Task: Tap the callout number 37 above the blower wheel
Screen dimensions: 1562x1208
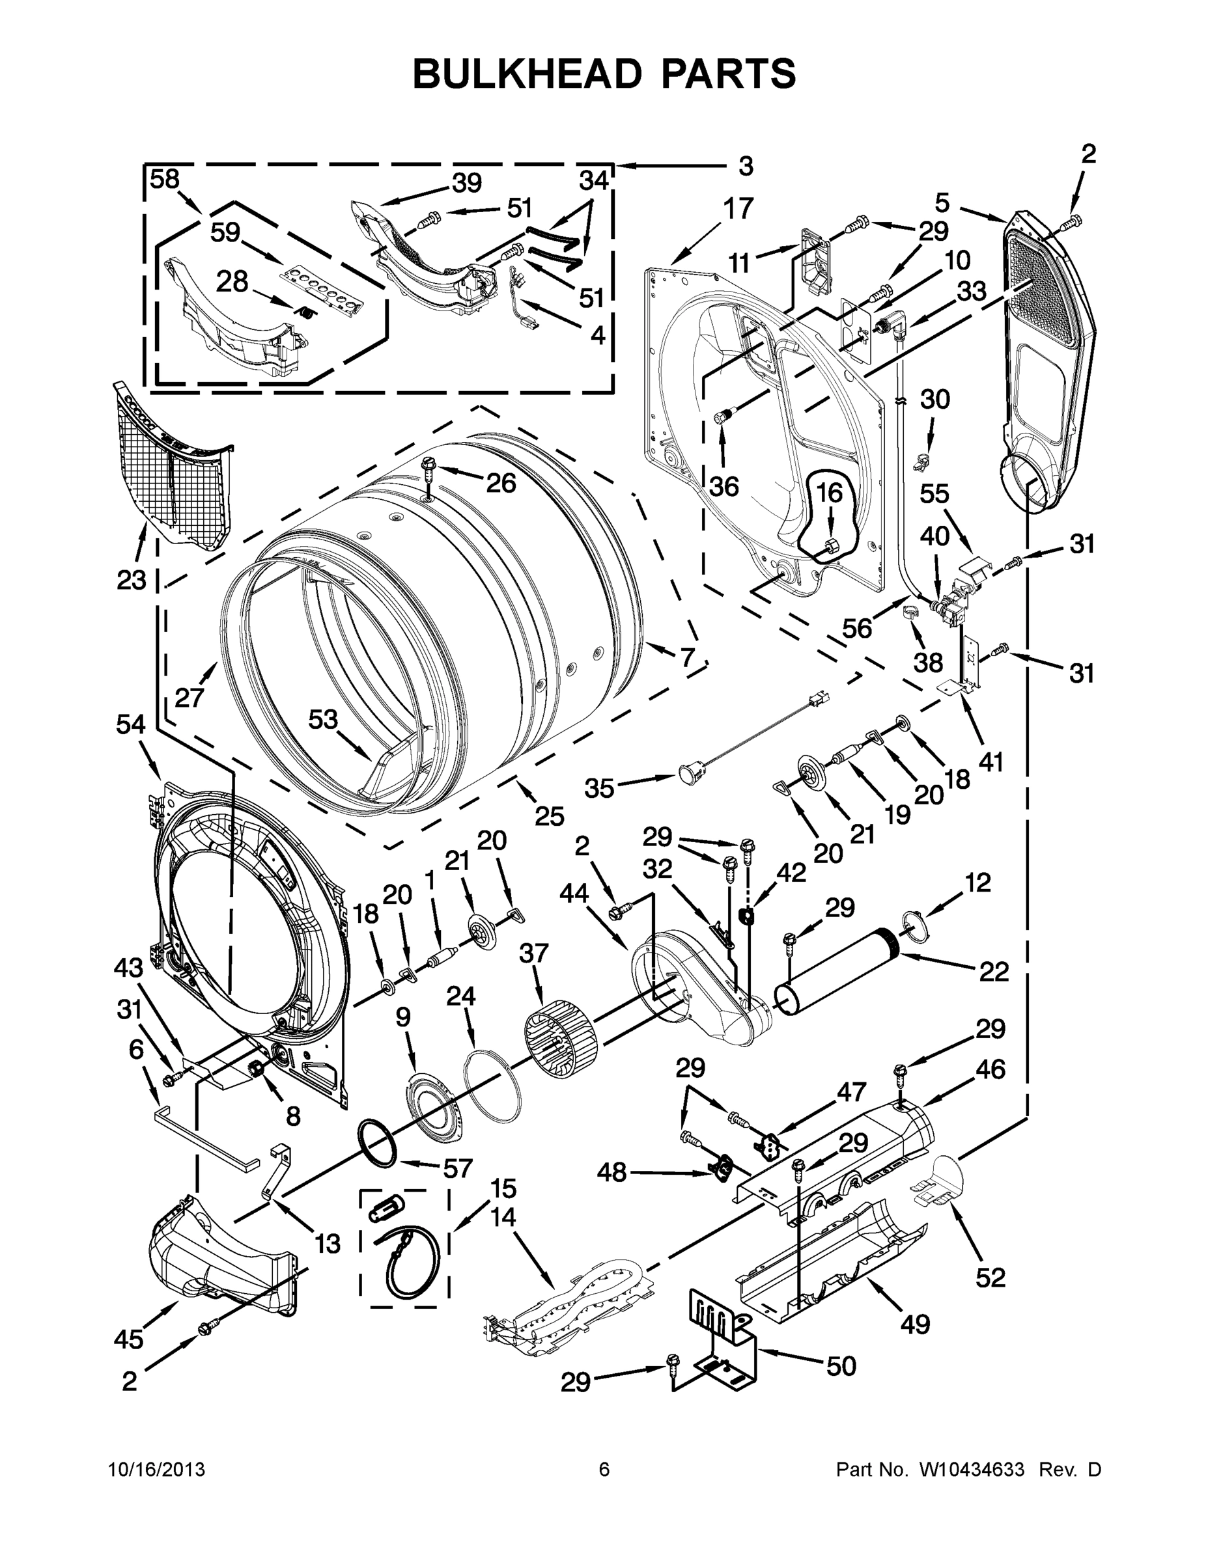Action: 535,953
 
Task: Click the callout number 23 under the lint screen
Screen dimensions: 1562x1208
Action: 132,580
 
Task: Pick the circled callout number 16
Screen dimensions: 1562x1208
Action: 830,493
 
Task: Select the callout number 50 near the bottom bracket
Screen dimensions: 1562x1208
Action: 841,1366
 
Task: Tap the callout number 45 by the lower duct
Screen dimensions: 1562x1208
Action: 129,1339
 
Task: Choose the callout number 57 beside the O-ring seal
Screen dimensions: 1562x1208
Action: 458,1168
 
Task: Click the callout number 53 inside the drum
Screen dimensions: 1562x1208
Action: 323,719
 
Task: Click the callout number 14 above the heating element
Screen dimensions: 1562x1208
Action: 503,1216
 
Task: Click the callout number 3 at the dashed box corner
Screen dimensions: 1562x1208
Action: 746,167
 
